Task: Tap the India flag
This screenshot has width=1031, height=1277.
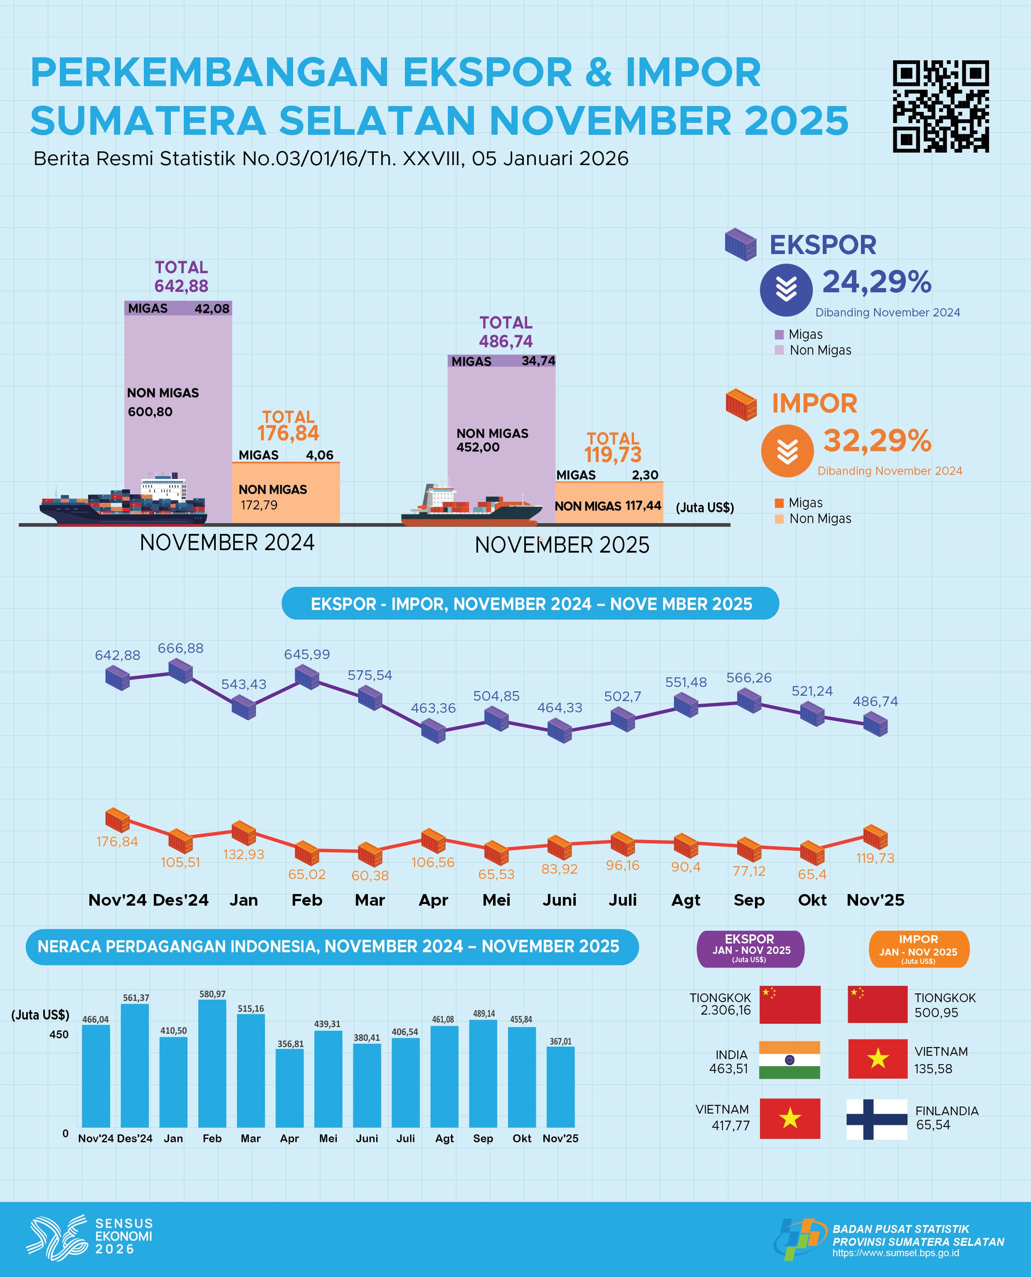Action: pyautogui.click(x=789, y=1060)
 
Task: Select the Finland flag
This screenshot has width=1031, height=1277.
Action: pyautogui.click(x=877, y=1119)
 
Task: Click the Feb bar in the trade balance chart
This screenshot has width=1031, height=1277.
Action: pyautogui.click(x=212, y=1063)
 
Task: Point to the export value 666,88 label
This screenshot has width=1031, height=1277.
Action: pyautogui.click(x=180, y=648)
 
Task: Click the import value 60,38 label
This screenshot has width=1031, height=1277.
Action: pyautogui.click(x=370, y=875)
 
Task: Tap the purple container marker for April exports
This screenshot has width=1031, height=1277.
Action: pyautogui.click(x=434, y=731)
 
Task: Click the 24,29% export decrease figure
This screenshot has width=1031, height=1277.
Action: pyautogui.click(x=877, y=282)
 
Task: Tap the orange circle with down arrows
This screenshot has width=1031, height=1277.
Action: pyautogui.click(x=787, y=451)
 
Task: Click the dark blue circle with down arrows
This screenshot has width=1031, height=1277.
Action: pyautogui.click(x=786, y=290)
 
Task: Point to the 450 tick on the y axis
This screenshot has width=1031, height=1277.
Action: pyautogui.click(x=59, y=1034)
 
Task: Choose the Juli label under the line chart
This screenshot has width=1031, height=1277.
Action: pyautogui.click(x=622, y=900)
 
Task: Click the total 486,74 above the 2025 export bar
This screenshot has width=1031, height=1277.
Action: pyautogui.click(x=506, y=341)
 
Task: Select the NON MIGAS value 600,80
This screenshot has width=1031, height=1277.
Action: pyautogui.click(x=150, y=412)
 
